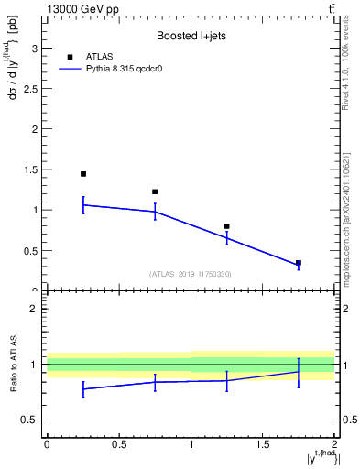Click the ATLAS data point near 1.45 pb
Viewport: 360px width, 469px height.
(x=83, y=174)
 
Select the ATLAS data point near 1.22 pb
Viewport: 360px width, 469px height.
(x=155, y=191)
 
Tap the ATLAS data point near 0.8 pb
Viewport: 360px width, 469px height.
(x=226, y=226)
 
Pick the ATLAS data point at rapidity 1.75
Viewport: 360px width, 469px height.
(x=299, y=263)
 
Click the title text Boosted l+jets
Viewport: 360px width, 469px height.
(x=191, y=37)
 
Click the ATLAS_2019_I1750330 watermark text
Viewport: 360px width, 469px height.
(x=191, y=274)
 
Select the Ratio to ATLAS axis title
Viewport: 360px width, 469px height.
(x=12, y=365)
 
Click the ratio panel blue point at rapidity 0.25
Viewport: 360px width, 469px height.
(x=83, y=389)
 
